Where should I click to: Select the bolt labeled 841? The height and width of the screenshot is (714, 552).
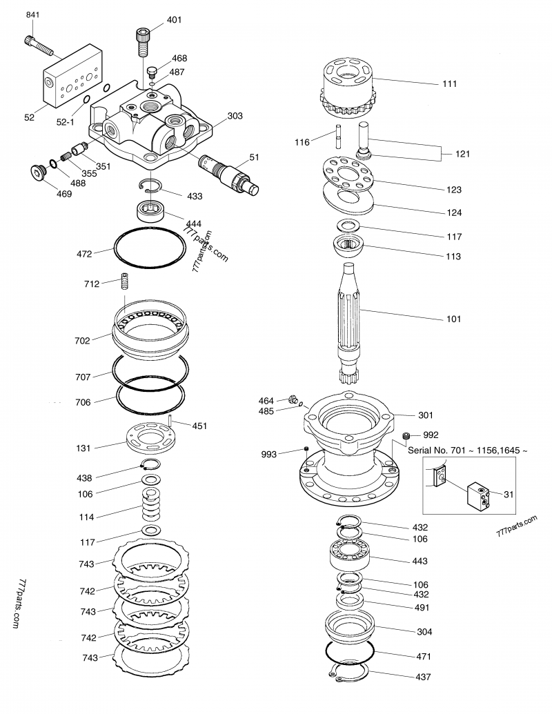[40, 45]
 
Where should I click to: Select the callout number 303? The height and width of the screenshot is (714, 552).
[235, 116]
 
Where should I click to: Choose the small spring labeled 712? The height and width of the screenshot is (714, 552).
[126, 283]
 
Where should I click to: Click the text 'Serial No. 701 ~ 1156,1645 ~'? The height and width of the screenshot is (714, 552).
[468, 450]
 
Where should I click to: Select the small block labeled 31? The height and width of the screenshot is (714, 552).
[479, 494]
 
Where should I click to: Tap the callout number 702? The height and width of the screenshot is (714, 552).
[82, 340]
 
